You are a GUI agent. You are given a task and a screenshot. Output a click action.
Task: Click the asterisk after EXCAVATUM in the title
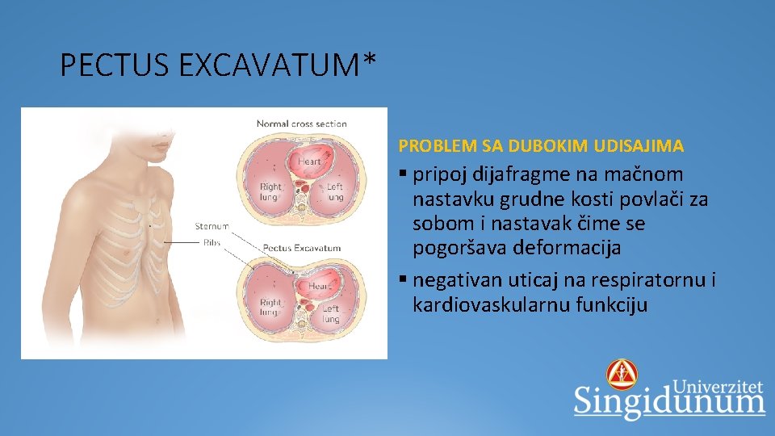point(370,59)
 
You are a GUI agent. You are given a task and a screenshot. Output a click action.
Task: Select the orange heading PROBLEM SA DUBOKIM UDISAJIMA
point(541,146)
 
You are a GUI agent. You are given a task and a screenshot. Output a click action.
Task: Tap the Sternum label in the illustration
point(212,227)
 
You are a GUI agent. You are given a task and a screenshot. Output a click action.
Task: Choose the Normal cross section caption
point(301,124)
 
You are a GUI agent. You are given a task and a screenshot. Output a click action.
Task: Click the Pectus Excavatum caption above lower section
point(302,248)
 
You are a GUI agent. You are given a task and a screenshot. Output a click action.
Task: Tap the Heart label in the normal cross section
point(309,161)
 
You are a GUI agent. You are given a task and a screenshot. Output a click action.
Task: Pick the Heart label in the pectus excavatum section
point(320,286)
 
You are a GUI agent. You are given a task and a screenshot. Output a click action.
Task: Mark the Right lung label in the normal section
point(270,191)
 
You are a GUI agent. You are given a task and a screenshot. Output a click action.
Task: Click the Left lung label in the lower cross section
point(332,313)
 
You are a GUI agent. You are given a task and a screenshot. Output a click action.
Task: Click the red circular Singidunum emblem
point(622,375)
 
